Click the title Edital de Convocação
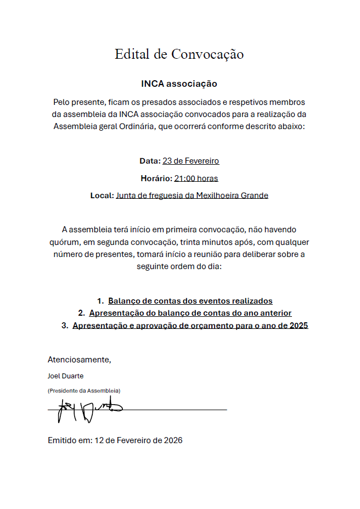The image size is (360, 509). point(179,54)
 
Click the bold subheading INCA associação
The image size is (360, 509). point(179,84)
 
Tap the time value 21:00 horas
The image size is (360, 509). point(196,178)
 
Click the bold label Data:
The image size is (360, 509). point(150,161)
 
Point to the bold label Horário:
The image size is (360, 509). point(156,178)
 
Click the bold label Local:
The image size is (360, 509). point(102,195)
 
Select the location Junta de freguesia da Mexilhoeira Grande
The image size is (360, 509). point(192,195)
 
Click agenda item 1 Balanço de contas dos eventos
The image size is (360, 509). point(190,301)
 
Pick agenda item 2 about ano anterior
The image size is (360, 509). point(190,313)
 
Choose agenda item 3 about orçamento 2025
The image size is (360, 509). point(190,326)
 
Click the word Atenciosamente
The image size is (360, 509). point(79,360)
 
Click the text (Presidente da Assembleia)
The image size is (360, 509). point(84,390)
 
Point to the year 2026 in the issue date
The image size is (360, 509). point(172,440)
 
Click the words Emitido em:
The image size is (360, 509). point(70,440)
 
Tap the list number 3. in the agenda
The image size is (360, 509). point(65,326)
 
